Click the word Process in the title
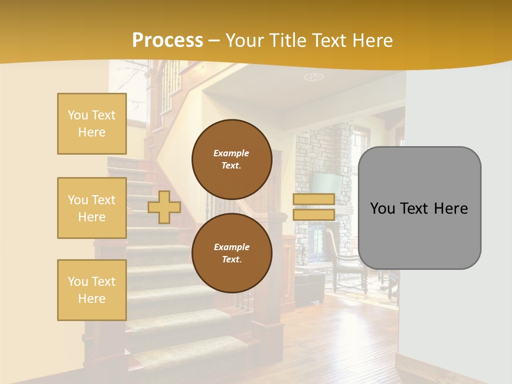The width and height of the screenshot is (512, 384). click(167, 41)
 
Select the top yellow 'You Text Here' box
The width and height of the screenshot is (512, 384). click(92, 124)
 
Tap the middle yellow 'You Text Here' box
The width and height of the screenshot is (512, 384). click(92, 208)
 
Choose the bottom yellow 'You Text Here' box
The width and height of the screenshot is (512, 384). click(92, 290)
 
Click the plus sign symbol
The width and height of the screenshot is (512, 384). click(164, 207)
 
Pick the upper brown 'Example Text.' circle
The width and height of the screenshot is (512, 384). click(231, 159)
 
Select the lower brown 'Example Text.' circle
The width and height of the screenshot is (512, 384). click(231, 253)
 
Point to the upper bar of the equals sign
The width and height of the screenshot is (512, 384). click(314, 199)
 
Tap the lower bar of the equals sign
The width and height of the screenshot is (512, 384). click(314, 215)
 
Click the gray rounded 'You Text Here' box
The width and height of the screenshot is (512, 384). click(419, 208)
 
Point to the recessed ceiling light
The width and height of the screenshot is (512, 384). click(314, 77)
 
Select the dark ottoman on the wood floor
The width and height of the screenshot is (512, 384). click(310, 286)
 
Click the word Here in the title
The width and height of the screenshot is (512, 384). click(373, 41)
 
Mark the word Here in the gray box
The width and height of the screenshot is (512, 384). click(450, 209)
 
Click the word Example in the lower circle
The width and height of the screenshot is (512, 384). click(231, 247)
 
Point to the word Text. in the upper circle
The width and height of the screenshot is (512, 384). click(231, 165)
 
